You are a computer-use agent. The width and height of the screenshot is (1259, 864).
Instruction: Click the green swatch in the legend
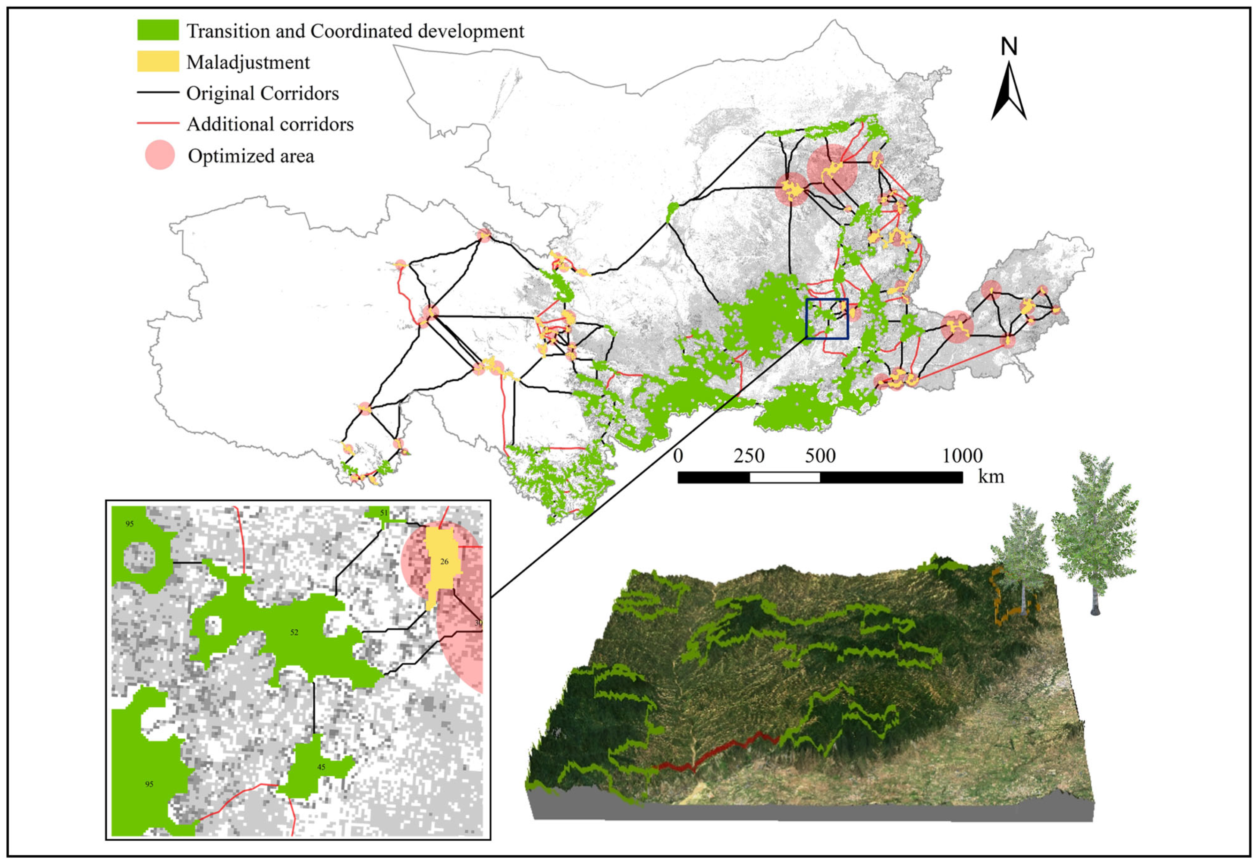[x=158, y=30]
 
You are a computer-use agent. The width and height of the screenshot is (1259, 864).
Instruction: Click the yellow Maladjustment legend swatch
[x=158, y=61]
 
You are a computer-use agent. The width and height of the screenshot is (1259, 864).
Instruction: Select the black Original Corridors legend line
[x=158, y=93]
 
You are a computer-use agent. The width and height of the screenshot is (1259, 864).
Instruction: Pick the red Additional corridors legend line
[x=158, y=123]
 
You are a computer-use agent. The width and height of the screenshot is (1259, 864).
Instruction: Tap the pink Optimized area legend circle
[x=160, y=155]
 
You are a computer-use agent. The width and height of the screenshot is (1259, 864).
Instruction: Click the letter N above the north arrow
[x=1009, y=47]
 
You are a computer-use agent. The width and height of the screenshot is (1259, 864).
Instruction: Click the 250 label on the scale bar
[x=749, y=456]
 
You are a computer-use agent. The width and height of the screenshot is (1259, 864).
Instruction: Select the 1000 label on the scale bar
[x=962, y=456]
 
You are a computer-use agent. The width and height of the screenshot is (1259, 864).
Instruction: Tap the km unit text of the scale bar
[x=991, y=477]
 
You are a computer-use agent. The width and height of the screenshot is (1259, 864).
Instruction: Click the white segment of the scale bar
[x=785, y=478]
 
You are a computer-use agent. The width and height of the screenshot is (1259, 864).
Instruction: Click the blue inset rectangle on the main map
[x=827, y=319]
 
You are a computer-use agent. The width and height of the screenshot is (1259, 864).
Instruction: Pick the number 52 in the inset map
[x=294, y=632]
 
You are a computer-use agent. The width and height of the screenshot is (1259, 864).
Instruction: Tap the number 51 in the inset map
[x=383, y=513]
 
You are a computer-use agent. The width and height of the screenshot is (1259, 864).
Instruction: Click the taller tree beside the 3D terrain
[x=1094, y=537]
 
